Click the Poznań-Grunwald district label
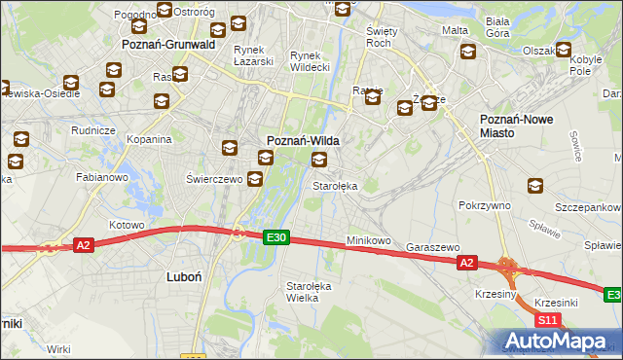(x=167, y=45)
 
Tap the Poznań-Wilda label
(x=303, y=140)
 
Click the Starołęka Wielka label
(x=309, y=292)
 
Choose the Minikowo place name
(x=368, y=240)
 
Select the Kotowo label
(x=126, y=225)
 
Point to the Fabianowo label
(x=102, y=178)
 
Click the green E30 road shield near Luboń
(x=276, y=236)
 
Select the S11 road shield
(x=547, y=319)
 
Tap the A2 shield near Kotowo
(x=84, y=246)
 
